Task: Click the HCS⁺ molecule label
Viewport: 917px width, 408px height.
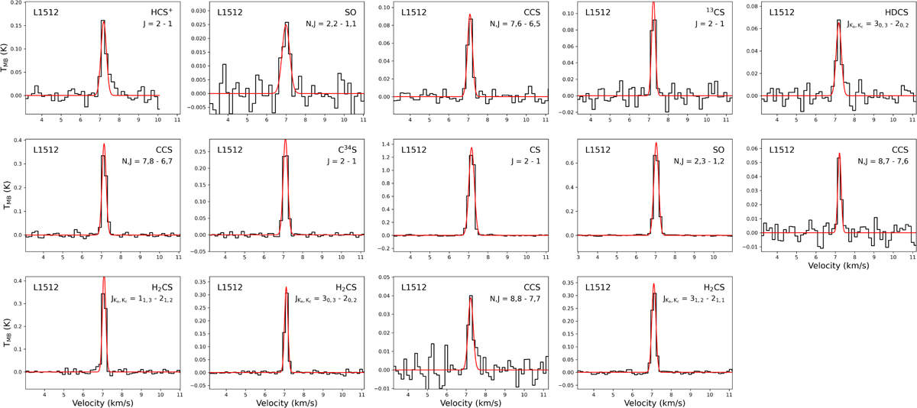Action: (x=162, y=12)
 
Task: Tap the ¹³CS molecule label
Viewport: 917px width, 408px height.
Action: (x=713, y=12)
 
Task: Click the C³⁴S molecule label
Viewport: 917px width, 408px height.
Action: (x=347, y=149)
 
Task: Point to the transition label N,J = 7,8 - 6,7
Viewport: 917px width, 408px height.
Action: (x=147, y=161)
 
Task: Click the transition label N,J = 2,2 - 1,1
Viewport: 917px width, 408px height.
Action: (x=331, y=24)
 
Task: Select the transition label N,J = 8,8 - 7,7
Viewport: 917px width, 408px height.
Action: (x=515, y=299)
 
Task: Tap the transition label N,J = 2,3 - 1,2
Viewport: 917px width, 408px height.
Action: (x=698, y=161)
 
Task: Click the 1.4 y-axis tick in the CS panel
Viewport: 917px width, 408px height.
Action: (x=385, y=144)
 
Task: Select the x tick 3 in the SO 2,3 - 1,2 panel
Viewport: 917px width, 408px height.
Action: (x=578, y=257)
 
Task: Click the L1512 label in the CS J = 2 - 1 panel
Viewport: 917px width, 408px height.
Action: (x=414, y=150)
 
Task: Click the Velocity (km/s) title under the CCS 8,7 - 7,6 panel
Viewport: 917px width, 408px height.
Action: (x=838, y=266)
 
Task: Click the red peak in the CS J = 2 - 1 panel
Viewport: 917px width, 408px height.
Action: (x=471, y=148)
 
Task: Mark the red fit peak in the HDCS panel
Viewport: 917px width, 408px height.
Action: (x=839, y=24)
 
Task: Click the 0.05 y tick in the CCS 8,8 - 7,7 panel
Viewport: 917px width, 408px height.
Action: (x=385, y=277)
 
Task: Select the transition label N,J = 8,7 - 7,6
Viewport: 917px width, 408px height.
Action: (x=883, y=161)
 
